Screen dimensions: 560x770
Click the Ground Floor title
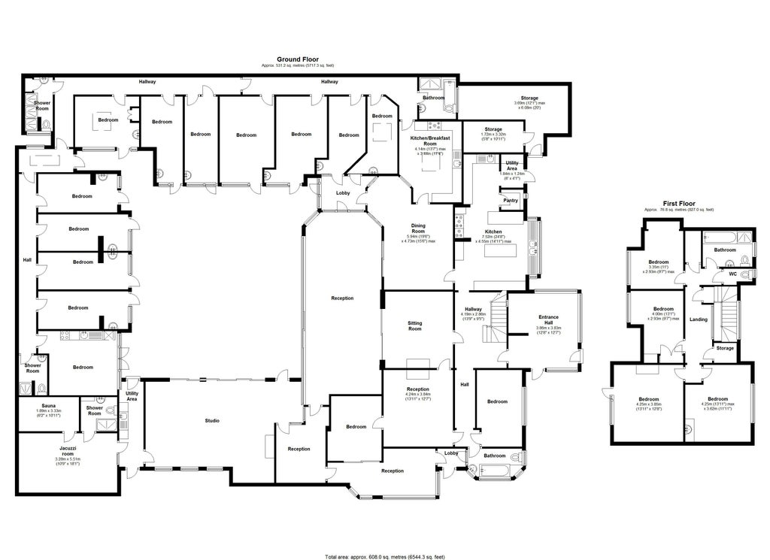point(299,59)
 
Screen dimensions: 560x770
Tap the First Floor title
point(679,203)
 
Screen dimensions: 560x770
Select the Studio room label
point(213,420)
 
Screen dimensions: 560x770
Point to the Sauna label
point(49,404)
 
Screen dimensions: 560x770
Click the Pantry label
point(511,201)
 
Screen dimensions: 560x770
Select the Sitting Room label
point(414,326)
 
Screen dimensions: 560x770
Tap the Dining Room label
point(418,228)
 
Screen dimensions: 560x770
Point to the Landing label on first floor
point(699,319)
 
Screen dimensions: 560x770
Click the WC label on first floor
point(732,274)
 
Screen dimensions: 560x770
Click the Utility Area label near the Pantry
point(511,165)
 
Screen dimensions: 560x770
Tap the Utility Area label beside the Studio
point(132,395)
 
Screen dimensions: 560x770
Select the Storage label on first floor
point(725,348)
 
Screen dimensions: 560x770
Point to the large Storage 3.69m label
point(530,98)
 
